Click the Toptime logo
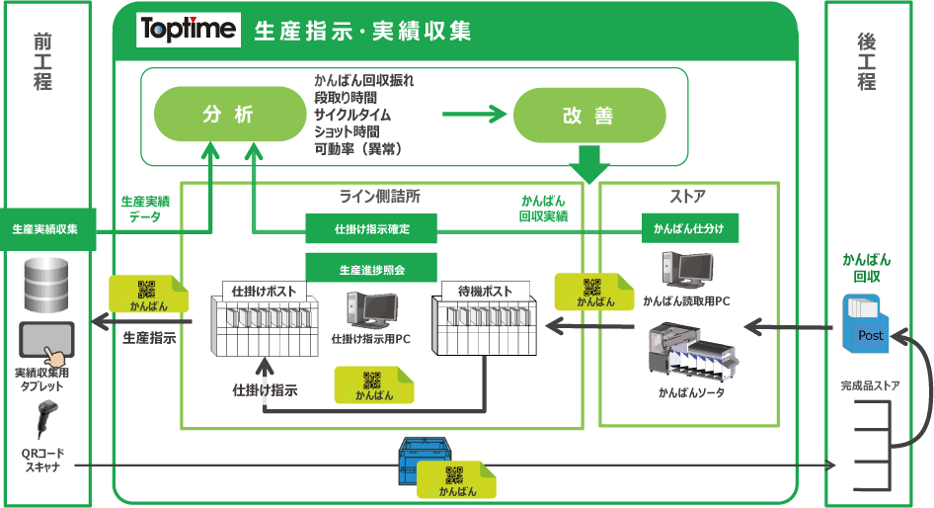189,30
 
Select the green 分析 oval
230,114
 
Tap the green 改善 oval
589,115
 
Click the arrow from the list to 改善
474,114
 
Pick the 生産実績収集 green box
45,229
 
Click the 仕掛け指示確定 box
371,229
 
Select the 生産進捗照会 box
371,268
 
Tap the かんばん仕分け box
690,228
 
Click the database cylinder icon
46,285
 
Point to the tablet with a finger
47,343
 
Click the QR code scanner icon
45,420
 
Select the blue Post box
865,324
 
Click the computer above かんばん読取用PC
688,270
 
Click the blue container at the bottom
425,461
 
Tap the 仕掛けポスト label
264,291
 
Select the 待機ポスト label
485,291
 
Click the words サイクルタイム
352,115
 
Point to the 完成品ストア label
870,385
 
